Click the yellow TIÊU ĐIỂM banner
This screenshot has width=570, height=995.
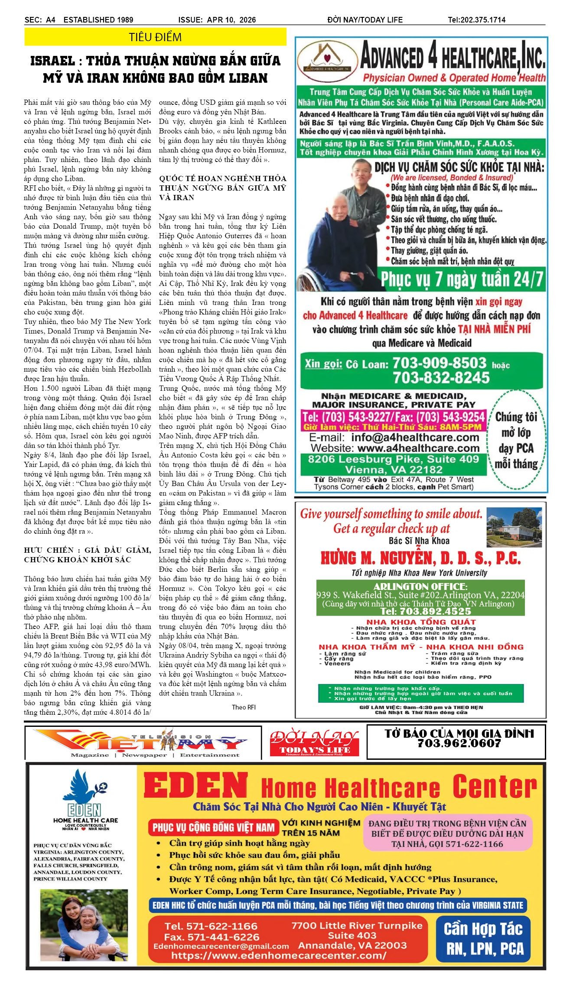(155, 37)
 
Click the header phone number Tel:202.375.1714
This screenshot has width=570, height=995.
(476, 20)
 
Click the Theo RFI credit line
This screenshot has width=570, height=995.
(244, 707)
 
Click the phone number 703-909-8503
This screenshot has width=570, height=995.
(439, 363)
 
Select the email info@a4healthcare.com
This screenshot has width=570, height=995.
(415, 437)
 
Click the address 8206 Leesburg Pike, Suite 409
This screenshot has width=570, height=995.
(393, 459)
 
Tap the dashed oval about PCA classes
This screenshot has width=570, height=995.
(516, 440)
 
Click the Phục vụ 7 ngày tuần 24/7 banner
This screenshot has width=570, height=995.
(462, 280)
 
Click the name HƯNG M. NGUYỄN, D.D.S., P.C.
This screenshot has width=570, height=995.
(420, 558)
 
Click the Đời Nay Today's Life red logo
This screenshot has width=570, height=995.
(314, 743)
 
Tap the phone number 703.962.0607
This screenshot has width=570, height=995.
(459, 743)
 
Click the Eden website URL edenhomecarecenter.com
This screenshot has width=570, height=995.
(278, 955)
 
